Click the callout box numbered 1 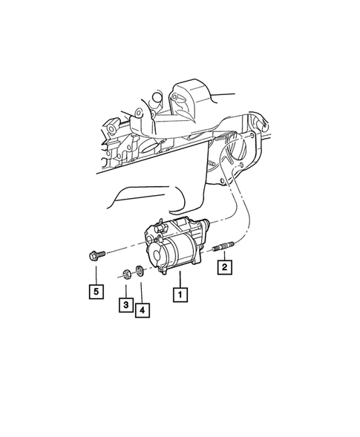click(x=179, y=295)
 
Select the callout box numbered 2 click(x=223, y=266)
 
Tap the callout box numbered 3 click(x=125, y=304)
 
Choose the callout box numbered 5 click(x=96, y=292)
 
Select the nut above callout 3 click(x=126, y=274)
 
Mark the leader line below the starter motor click(x=179, y=279)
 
